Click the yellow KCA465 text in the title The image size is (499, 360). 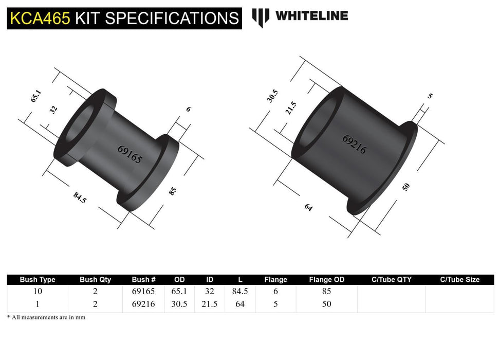39,17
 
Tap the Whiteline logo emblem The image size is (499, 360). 261,17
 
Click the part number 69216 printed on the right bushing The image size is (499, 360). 355,145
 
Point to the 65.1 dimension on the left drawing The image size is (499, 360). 35,96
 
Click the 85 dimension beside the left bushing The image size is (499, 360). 173,191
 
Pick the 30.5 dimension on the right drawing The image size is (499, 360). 273,96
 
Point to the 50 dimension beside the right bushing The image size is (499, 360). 406,187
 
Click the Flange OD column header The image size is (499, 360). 326,280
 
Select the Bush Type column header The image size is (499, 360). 38,280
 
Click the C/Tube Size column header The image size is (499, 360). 459,280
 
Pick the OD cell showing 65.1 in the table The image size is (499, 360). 179,291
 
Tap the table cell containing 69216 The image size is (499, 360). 144,304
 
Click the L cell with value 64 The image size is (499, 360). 240,304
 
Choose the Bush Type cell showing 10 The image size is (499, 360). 38,291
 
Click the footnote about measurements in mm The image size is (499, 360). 46,317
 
